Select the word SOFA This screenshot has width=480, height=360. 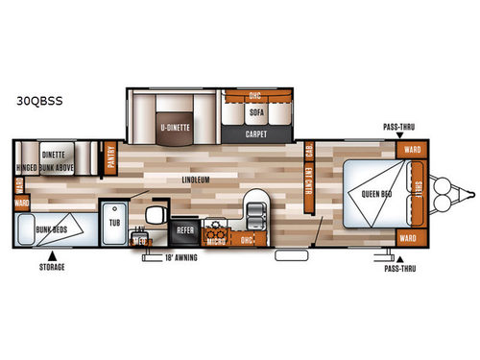[x=255, y=111]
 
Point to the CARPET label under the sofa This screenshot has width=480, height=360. [x=255, y=134]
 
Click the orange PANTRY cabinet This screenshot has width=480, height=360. [x=111, y=156]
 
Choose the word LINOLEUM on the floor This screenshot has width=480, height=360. [x=196, y=180]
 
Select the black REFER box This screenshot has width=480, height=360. [x=184, y=230]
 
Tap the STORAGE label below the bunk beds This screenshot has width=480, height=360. [x=52, y=266]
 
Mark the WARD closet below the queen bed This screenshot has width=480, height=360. [x=407, y=237]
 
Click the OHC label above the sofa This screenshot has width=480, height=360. [x=254, y=96]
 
